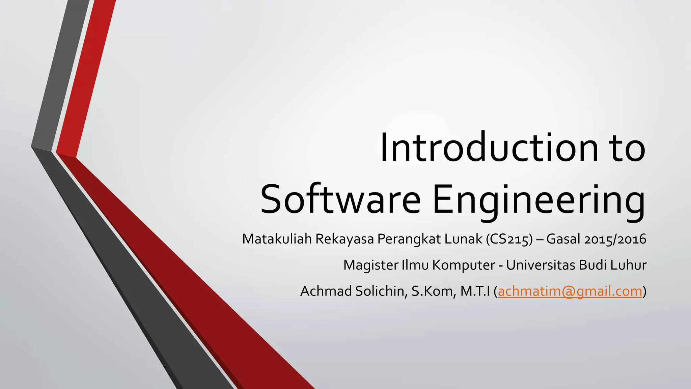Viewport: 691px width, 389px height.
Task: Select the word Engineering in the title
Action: pos(539,201)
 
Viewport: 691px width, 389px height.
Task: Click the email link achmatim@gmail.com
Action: pos(570,291)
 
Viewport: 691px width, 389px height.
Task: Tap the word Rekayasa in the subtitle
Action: pos(344,239)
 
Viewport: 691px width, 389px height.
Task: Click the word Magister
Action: pos(370,265)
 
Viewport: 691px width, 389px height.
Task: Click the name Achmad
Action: pos(326,291)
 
